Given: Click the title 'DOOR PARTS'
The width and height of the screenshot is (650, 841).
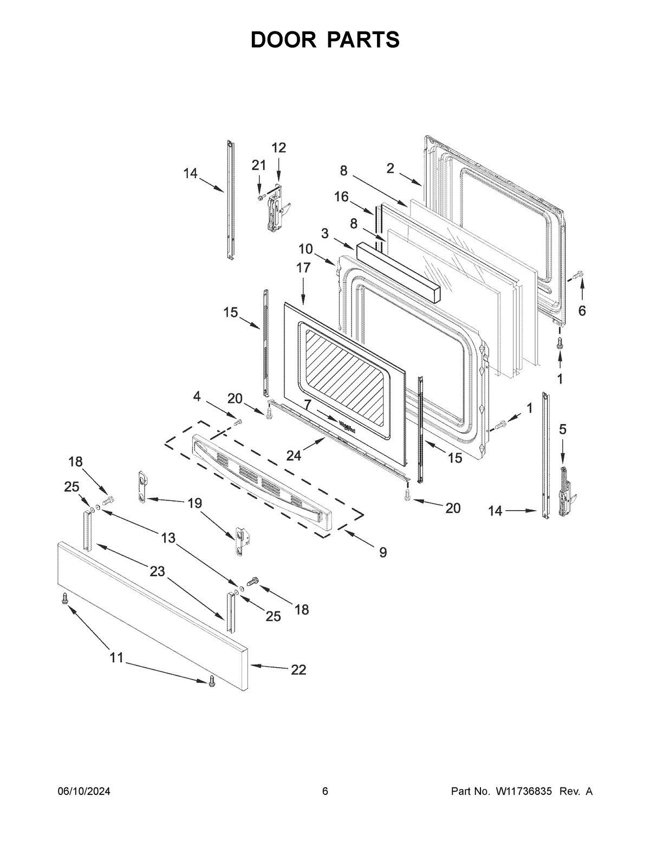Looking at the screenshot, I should pyautogui.click(x=325, y=40).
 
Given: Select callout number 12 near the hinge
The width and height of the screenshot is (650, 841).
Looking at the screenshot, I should pyautogui.click(x=278, y=148).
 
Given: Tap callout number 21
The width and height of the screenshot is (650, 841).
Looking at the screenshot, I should pyautogui.click(x=258, y=166).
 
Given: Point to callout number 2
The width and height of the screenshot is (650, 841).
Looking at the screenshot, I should pyautogui.click(x=390, y=168).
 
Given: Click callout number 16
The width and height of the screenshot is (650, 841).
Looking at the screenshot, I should pyautogui.click(x=341, y=197).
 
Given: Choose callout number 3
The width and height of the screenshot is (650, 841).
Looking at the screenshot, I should pyautogui.click(x=325, y=233).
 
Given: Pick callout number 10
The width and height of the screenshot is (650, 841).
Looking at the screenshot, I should pyautogui.click(x=305, y=249).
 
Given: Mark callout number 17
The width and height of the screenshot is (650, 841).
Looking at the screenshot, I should pyautogui.click(x=303, y=268).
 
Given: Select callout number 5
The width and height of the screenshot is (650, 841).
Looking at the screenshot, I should pyautogui.click(x=563, y=429).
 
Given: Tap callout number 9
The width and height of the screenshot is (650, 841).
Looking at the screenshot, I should pyautogui.click(x=383, y=552).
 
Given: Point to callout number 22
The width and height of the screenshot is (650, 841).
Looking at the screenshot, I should pyautogui.click(x=298, y=670).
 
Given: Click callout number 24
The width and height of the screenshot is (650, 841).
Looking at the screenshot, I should pyautogui.click(x=294, y=456).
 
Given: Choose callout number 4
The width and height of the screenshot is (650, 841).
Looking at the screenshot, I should pyautogui.click(x=197, y=397).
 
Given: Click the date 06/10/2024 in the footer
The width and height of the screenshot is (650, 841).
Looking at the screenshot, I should pyautogui.click(x=84, y=792).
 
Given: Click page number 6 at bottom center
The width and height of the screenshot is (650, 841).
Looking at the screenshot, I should pyautogui.click(x=325, y=792).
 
